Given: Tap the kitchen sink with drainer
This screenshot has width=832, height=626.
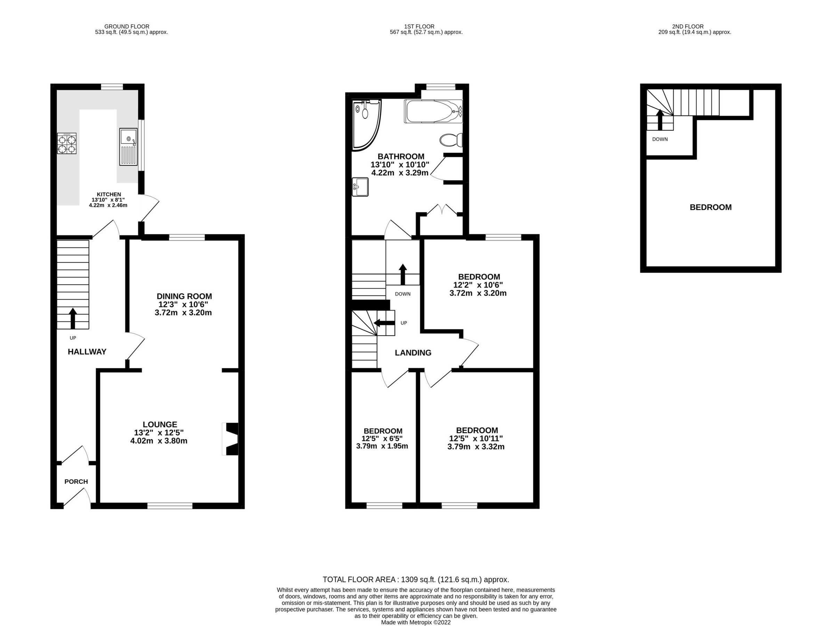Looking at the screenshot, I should (128, 147).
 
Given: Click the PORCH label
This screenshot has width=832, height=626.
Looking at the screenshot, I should (76, 482).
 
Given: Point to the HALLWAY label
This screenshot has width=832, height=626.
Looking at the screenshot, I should (87, 352).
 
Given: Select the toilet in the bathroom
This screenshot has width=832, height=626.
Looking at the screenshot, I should (451, 140).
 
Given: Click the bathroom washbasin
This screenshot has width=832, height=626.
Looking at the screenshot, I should (360, 187).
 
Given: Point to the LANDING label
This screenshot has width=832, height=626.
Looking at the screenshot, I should (413, 353).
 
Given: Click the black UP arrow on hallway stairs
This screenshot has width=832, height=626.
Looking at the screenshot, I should (73, 319).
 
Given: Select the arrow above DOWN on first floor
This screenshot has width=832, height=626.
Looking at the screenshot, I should (403, 274).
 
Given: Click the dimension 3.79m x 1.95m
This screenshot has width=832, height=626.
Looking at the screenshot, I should (382, 447).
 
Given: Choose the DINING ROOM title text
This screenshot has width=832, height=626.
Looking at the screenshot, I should (184, 296).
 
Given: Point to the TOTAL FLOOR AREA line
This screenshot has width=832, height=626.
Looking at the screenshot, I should (415, 580).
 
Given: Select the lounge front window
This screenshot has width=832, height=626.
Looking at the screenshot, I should (170, 506).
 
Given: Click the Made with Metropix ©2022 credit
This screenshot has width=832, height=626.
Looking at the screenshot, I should (415, 623).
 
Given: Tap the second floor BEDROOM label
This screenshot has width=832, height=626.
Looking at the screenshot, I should (710, 207).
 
